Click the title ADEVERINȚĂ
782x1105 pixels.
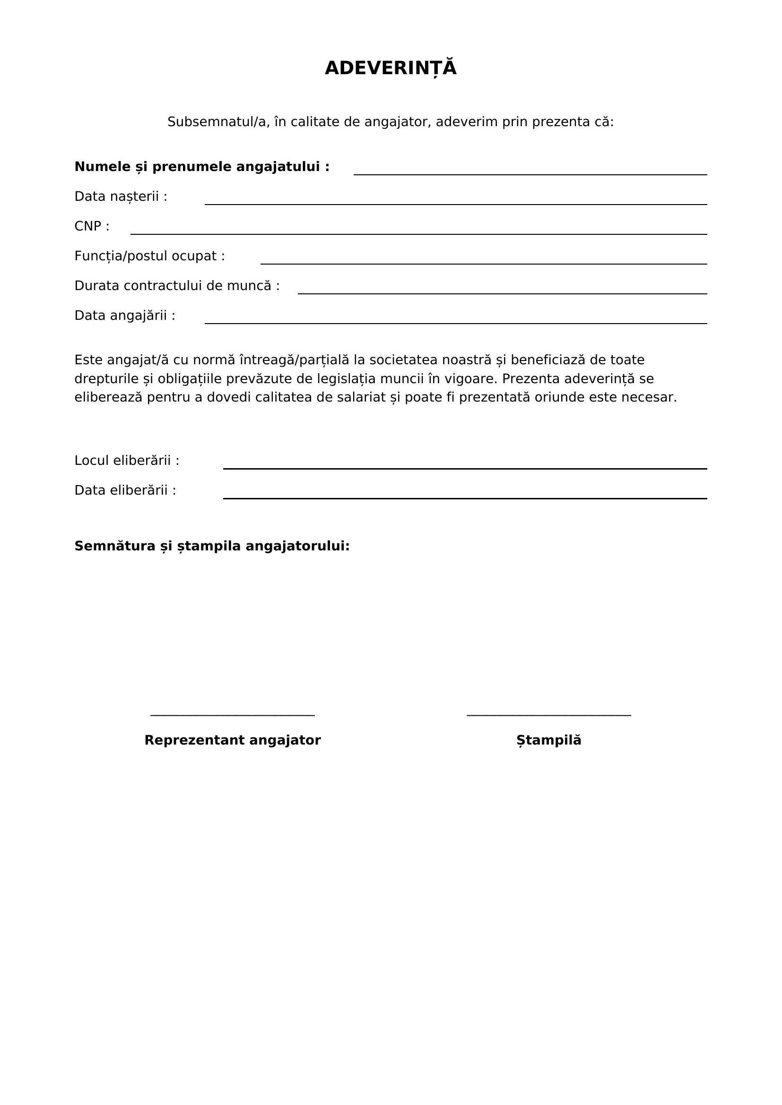click(x=391, y=69)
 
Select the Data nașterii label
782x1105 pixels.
click(x=121, y=197)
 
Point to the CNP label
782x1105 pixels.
click(x=92, y=226)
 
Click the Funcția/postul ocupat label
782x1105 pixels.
click(x=150, y=256)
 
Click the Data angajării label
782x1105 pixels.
click(x=125, y=316)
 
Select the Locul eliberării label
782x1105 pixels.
click(x=127, y=461)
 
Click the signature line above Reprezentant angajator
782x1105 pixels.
click(x=233, y=715)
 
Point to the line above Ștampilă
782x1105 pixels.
click(x=548, y=715)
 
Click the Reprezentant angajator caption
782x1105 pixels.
click(x=233, y=740)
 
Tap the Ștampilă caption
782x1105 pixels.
click(x=548, y=740)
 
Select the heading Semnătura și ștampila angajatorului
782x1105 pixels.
click(x=212, y=546)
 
